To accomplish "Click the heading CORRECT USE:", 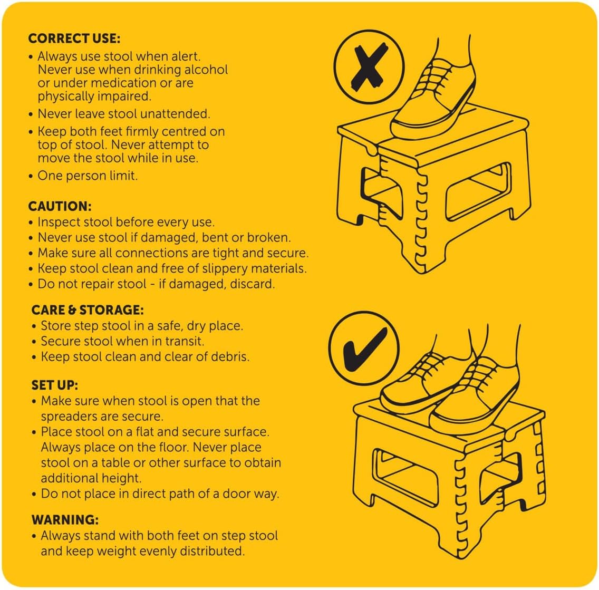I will click(74, 38).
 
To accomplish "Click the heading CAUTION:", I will click(60, 206).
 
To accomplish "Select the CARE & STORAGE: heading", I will click(88, 309).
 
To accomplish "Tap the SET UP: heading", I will click(55, 385).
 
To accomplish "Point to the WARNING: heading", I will click(65, 519).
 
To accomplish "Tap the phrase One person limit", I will click(88, 176).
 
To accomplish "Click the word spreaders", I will click(67, 416).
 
